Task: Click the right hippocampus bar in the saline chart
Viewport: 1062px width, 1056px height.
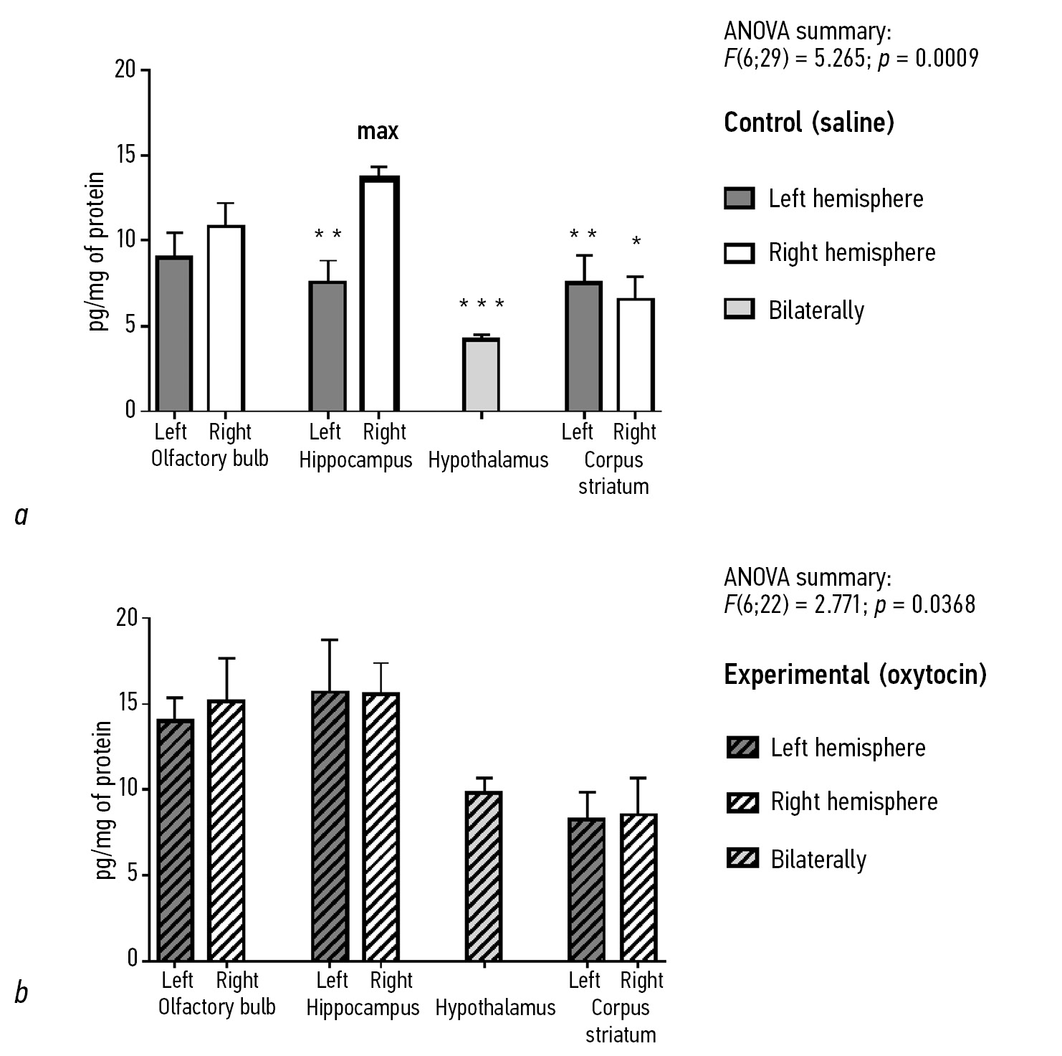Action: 379,294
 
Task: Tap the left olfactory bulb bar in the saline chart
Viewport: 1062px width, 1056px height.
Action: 174,333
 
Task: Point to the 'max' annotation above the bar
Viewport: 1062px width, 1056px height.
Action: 378,131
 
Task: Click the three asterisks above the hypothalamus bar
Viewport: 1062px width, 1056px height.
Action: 482,305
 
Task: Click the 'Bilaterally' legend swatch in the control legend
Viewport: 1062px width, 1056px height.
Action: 740,310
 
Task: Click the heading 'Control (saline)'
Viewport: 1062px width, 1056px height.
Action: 808,123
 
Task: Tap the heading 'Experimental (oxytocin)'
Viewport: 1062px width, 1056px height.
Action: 855,675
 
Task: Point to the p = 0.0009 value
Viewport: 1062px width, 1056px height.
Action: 929,58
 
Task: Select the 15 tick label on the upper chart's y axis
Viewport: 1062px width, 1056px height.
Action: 125,156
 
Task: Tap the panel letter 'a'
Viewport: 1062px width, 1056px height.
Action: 21,515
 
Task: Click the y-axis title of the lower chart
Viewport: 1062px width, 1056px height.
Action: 105,800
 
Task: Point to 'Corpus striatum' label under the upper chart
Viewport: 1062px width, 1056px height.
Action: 613,472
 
